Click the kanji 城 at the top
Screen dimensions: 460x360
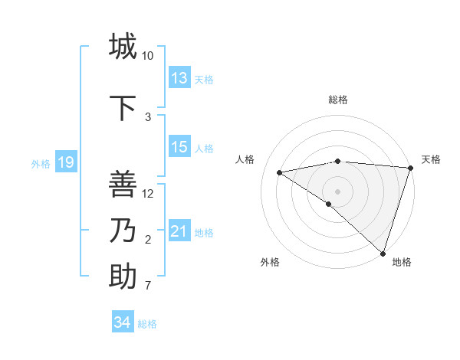point(123,47)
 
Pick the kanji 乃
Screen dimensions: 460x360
point(123,231)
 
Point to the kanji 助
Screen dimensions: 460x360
point(123,277)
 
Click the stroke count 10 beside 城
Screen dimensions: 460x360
point(148,56)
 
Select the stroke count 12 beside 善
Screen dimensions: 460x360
point(148,194)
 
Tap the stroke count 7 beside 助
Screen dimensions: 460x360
point(148,286)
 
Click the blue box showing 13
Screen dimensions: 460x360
point(179,78)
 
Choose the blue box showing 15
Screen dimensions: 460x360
point(179,147)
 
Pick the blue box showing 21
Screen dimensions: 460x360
point(179,231)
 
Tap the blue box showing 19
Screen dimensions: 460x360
point(65,162)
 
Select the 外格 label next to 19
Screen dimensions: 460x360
point(41,163)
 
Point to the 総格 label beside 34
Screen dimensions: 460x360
point(147,324)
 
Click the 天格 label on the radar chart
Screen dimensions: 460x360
point(431,159)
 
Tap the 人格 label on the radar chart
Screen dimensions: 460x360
point(245,159)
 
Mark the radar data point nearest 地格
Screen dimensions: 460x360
point(383,252)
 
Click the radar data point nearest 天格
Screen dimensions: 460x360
point(410,169)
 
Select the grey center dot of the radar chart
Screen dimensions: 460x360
point(337,190)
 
